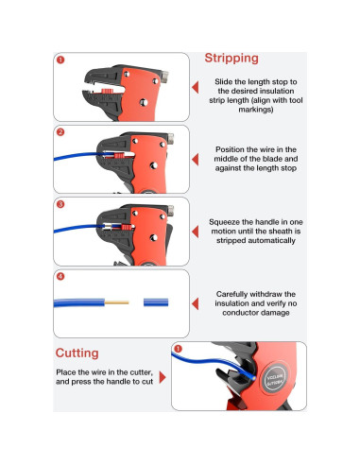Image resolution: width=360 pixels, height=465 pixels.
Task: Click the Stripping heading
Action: point(231,59)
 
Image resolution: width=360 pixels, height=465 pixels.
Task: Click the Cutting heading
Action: point(77,353)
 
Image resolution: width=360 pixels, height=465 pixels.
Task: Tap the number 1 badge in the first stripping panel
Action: point(60,60)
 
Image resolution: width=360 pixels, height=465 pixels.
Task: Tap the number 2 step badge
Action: point(60,132)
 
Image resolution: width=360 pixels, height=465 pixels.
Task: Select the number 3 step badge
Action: point(60,204)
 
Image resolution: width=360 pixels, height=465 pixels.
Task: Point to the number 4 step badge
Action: point(60,276)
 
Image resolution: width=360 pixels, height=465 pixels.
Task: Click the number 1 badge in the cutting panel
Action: point(178,349)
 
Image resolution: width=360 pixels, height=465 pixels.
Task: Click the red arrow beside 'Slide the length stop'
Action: point(196,87)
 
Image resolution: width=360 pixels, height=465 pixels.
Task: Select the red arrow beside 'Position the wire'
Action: point(196,160)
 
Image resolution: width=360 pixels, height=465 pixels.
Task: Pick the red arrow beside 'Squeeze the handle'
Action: point(196,232)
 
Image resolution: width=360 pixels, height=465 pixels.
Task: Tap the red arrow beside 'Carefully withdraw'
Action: point(196,303)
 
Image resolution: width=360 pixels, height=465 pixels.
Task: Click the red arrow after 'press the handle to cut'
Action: point(163,377)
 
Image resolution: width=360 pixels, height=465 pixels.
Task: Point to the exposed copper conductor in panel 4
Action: point(116,302)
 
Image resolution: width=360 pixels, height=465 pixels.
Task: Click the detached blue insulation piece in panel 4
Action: point(156,302)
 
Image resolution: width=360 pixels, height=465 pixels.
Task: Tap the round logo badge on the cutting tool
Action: point(275,377)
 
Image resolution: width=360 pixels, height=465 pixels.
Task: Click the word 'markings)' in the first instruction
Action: point(256,110)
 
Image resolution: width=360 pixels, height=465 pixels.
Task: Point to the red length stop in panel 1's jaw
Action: point(108,91)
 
